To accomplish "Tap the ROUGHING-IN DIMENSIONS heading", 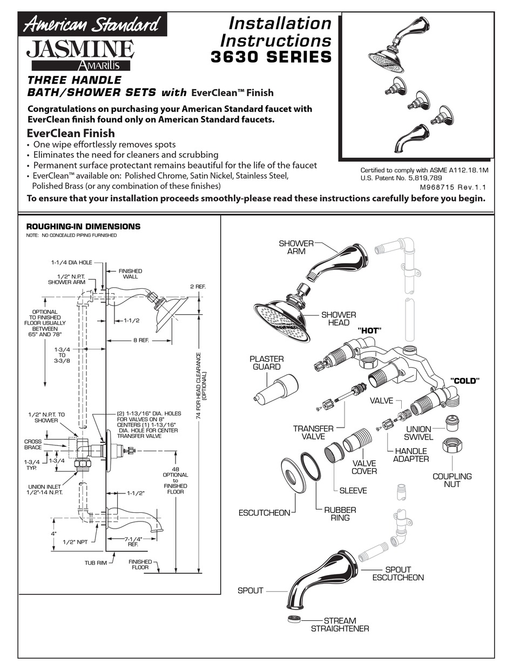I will point(83,227).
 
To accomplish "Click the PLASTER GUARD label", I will point(267,363).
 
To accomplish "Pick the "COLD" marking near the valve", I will point(465,381).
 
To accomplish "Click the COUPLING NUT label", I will point(452,480).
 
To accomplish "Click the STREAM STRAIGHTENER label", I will point(340,625).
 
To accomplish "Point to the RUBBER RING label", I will point(341,513).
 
